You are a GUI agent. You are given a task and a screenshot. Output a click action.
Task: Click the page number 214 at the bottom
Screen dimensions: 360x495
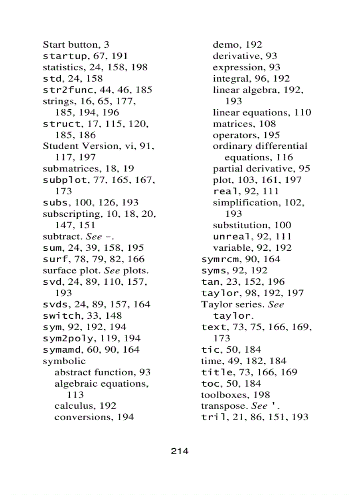pyautogui.click(x=180, y=451)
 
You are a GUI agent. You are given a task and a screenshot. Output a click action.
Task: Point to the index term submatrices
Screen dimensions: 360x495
pyautogui.click(x=69, y=168)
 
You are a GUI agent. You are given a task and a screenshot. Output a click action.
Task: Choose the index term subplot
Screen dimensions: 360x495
pyautogui.click(x=62, y=180)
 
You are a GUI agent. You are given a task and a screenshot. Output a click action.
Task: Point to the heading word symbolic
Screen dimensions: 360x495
pyautogui.click(x=61, y=361)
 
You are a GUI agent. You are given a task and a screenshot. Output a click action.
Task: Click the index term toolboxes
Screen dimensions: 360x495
pyautogui.click(x=223, y=395)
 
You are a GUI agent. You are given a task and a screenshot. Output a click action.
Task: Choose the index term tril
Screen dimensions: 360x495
pyautogui.click(x=213, y=417)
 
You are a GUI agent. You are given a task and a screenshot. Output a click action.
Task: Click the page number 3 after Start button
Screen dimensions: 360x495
pyautogui.click(x=107, y=45)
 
